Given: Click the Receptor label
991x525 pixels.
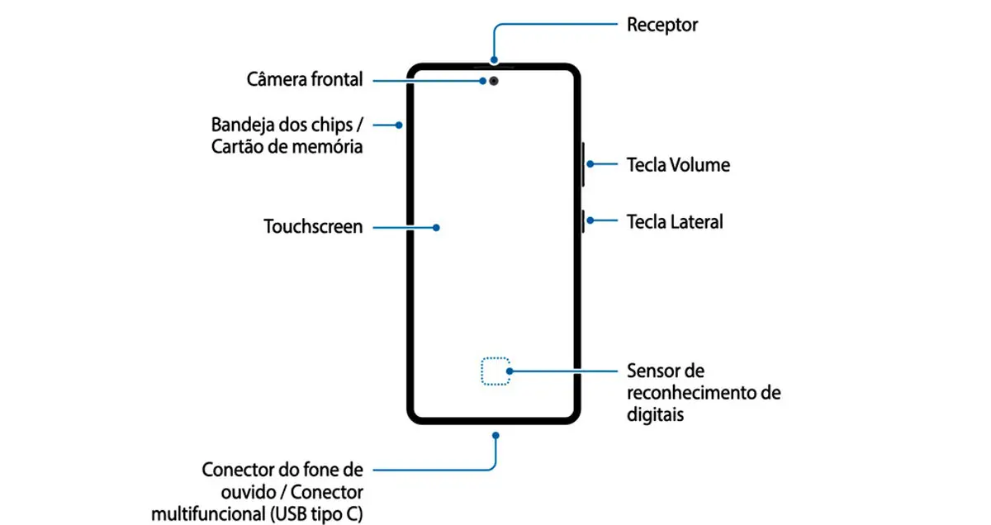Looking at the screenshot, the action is pos(662,26).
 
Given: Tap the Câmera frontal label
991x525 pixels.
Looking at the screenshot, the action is pos(305,79).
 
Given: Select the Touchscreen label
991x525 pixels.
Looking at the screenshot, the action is pos(313,226).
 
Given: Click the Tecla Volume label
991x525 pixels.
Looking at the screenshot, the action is pos(678,165).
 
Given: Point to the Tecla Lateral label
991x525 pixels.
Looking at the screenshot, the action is pos(675,221).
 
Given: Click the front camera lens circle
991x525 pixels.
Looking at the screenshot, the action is pos(494,81).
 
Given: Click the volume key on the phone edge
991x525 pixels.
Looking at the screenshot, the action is pos(583,164).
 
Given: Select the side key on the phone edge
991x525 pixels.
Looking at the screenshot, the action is pos(583,221).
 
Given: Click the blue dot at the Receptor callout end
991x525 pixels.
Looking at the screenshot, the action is pos(494,59).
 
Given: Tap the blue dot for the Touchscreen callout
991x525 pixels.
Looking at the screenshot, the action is pos(436,228).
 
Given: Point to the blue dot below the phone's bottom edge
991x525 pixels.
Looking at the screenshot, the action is pos(496,436).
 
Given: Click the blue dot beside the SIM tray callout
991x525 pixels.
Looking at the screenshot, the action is pos(399,125).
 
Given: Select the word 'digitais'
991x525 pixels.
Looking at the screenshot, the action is pos(655,415).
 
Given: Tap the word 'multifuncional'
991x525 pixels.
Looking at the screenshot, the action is pos(209,514).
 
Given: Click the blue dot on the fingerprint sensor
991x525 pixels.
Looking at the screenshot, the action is pos(510,371).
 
